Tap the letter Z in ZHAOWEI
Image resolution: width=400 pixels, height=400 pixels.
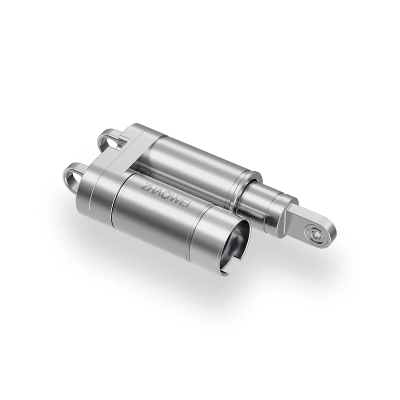tap(144, 186)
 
